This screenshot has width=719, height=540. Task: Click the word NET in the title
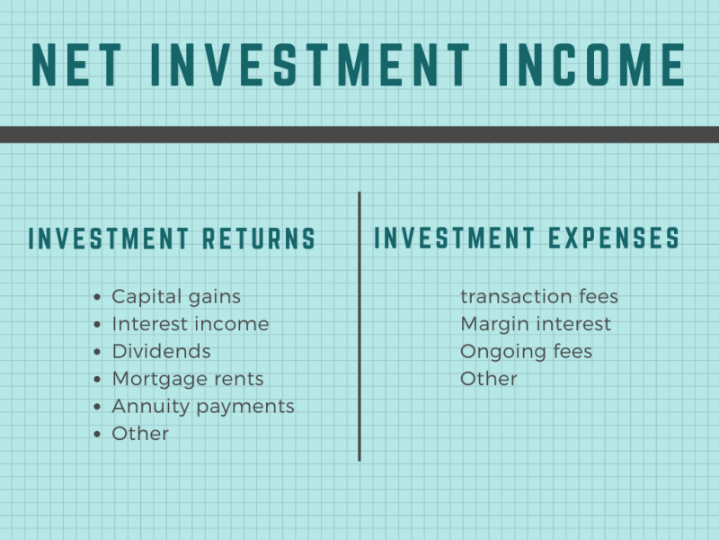click(x=76, y=65)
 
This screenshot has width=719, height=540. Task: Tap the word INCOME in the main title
click(x=592, y=65)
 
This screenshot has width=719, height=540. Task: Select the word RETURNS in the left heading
click(x=259, y=238)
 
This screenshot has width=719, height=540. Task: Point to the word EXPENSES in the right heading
click(x=614, y=238)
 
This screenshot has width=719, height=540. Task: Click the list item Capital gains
click(x=176, y=297)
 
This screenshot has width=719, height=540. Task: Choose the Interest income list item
click(x=191, y=324)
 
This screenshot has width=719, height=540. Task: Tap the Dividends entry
click(x=162, y=351)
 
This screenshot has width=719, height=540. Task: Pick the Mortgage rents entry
click(x=188, y=379)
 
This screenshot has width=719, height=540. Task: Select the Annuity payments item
click(x=203, y=407)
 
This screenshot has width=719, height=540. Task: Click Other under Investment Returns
click(x=140, y=434)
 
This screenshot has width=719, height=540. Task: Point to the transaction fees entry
click(x=539, y=297)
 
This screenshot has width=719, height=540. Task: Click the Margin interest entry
click(x=536, y=325)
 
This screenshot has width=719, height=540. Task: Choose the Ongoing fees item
click(x=527, y=352)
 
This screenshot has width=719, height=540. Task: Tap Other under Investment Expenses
click(x=489, y=379)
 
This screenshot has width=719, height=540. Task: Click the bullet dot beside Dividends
click(x=97, y=352)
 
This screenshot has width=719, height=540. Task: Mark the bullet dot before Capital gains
click(x=97, y=297)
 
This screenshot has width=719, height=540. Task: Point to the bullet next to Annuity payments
click(x=97, y=407)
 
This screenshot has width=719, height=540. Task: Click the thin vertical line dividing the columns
click(x=359, y=327)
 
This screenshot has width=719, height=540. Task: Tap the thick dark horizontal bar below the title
click(x=359, y=134)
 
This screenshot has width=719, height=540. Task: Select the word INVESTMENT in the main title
click(x=310, y=65)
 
